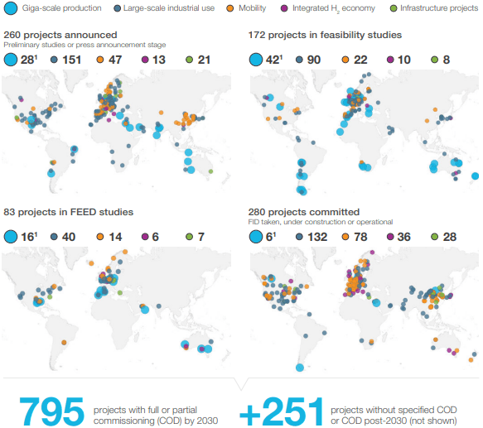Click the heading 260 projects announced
click(60, 35)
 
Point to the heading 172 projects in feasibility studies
click(326, 36)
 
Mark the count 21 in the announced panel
click(204, 60)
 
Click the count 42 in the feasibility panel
click(274, 60)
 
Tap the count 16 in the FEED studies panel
click(29, 238)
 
